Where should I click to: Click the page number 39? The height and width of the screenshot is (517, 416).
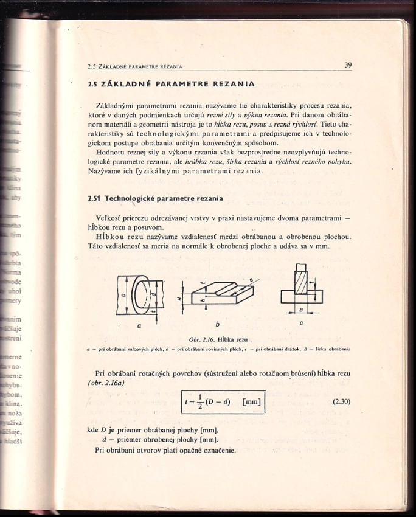click(x=348, y=65)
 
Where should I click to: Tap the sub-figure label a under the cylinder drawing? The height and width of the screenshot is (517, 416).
click(x=139, y=325)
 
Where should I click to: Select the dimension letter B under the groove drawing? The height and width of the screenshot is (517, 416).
click(x=302, y=310)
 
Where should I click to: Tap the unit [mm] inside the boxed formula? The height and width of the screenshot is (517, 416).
click(x=251, y=402)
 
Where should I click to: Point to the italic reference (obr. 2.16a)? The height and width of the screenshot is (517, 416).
click(x=106, y=382)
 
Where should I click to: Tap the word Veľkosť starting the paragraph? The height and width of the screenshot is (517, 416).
click(x=111, y=218)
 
